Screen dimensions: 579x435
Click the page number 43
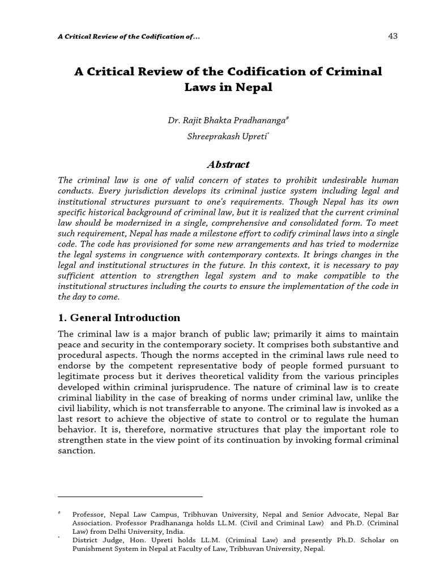[x=393, y=36]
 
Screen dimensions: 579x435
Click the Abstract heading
[x=228, y=165]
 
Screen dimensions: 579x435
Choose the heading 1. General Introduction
[x=120, y=317]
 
